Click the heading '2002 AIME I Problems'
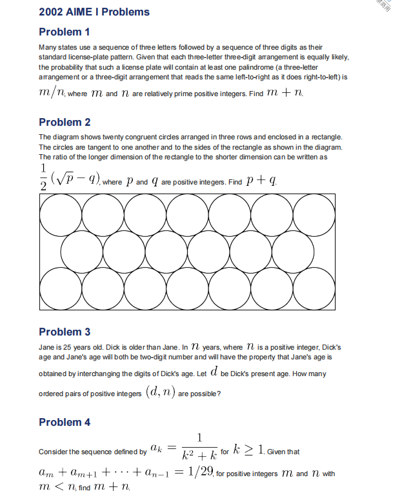pos(94,12)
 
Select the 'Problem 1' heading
pos(65,32)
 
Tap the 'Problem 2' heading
pos(65,123)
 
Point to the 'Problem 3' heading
pos(65,332)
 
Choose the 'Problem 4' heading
pos(65,423)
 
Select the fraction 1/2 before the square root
pos(43,175)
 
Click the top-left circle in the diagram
pos(60,214)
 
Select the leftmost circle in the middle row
pos(81,250)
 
